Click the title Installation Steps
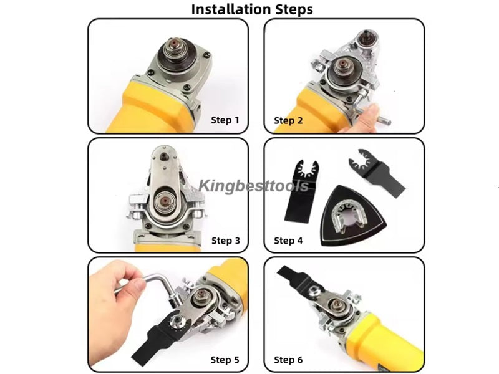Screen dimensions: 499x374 (252, 9)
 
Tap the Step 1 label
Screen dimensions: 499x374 (225, 120)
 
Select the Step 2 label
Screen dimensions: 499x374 (288, 120)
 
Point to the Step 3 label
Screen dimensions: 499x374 (226, 241)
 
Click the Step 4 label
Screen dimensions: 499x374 (288, 241)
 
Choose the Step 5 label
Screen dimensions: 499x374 (225, 360)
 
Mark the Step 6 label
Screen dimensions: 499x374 (288, 360)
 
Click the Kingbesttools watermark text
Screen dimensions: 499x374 (254, 186)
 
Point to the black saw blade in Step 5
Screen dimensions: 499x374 (156, 337)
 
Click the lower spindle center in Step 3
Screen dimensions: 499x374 (165, 201)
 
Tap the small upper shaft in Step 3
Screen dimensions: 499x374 (163, 156)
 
